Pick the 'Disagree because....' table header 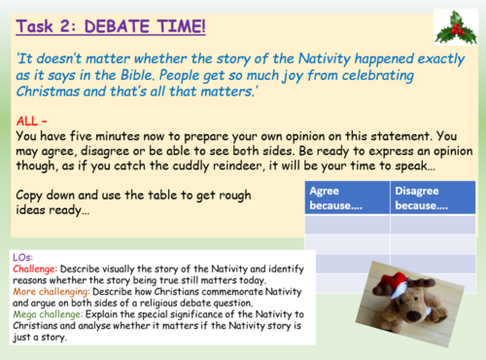pos(421,198)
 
